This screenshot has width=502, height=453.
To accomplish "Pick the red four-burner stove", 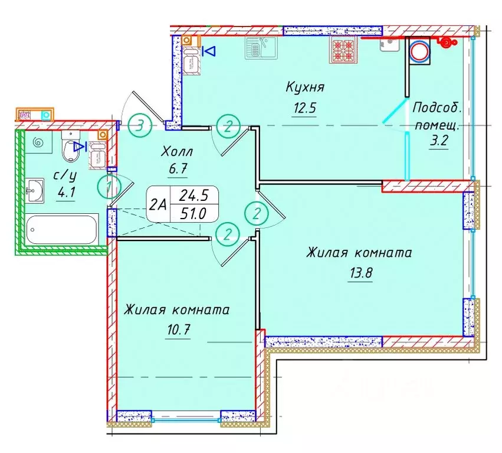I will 344,49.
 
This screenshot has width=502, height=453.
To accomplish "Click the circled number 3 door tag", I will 140,125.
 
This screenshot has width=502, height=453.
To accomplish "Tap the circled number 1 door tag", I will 109,187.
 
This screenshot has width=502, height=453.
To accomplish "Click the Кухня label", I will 305,88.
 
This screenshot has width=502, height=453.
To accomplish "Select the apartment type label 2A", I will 158,205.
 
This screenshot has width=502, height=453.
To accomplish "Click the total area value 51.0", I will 193,214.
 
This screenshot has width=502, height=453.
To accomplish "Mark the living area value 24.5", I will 193,194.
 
